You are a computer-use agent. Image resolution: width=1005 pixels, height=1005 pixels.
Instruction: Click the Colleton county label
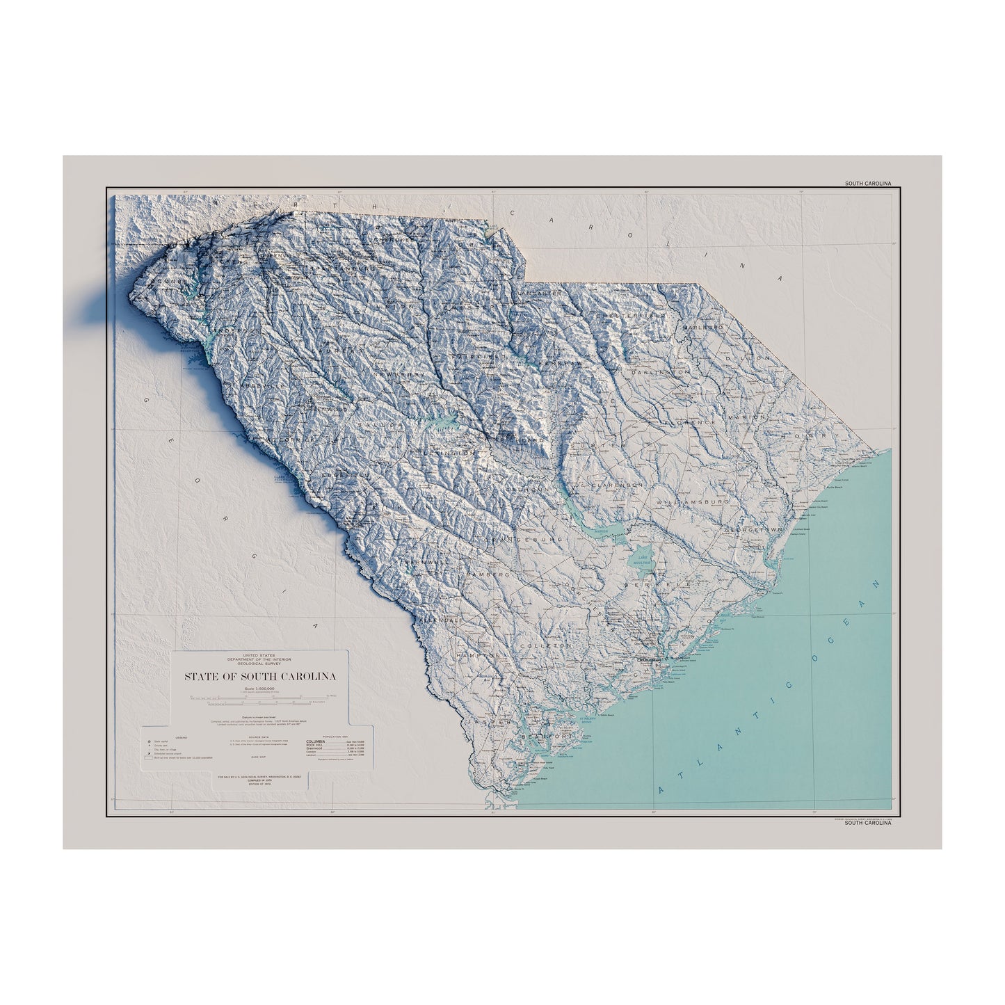pyautogui.click(x=554, y=645)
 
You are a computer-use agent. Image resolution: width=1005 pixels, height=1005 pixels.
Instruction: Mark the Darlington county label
pyautogui.click(x=660, y=373)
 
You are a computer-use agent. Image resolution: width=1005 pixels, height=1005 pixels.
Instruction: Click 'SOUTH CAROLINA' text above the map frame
pyautogui.click(x=867, y=184)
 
